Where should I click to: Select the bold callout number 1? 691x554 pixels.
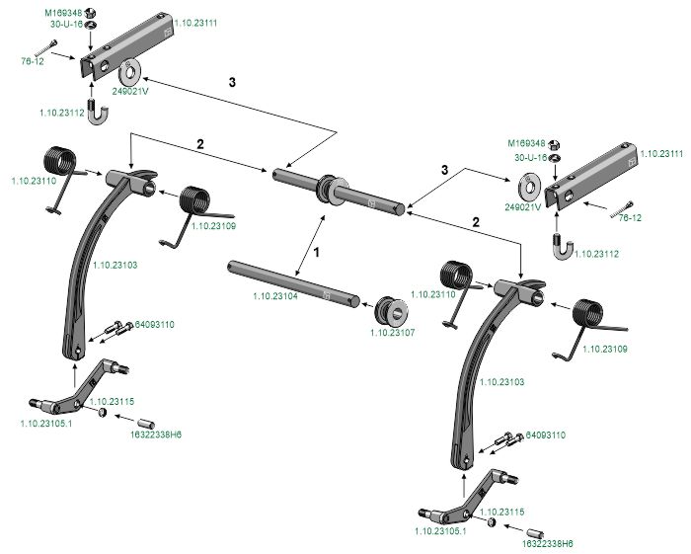point(317,253)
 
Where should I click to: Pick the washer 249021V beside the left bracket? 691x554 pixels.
point(129,74)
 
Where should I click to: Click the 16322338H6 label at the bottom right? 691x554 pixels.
point(548,542)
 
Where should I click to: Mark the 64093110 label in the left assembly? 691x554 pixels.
point(155,324)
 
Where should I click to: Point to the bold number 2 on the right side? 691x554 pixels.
point(476,222)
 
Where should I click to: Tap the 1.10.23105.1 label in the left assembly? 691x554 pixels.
point(48,423)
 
